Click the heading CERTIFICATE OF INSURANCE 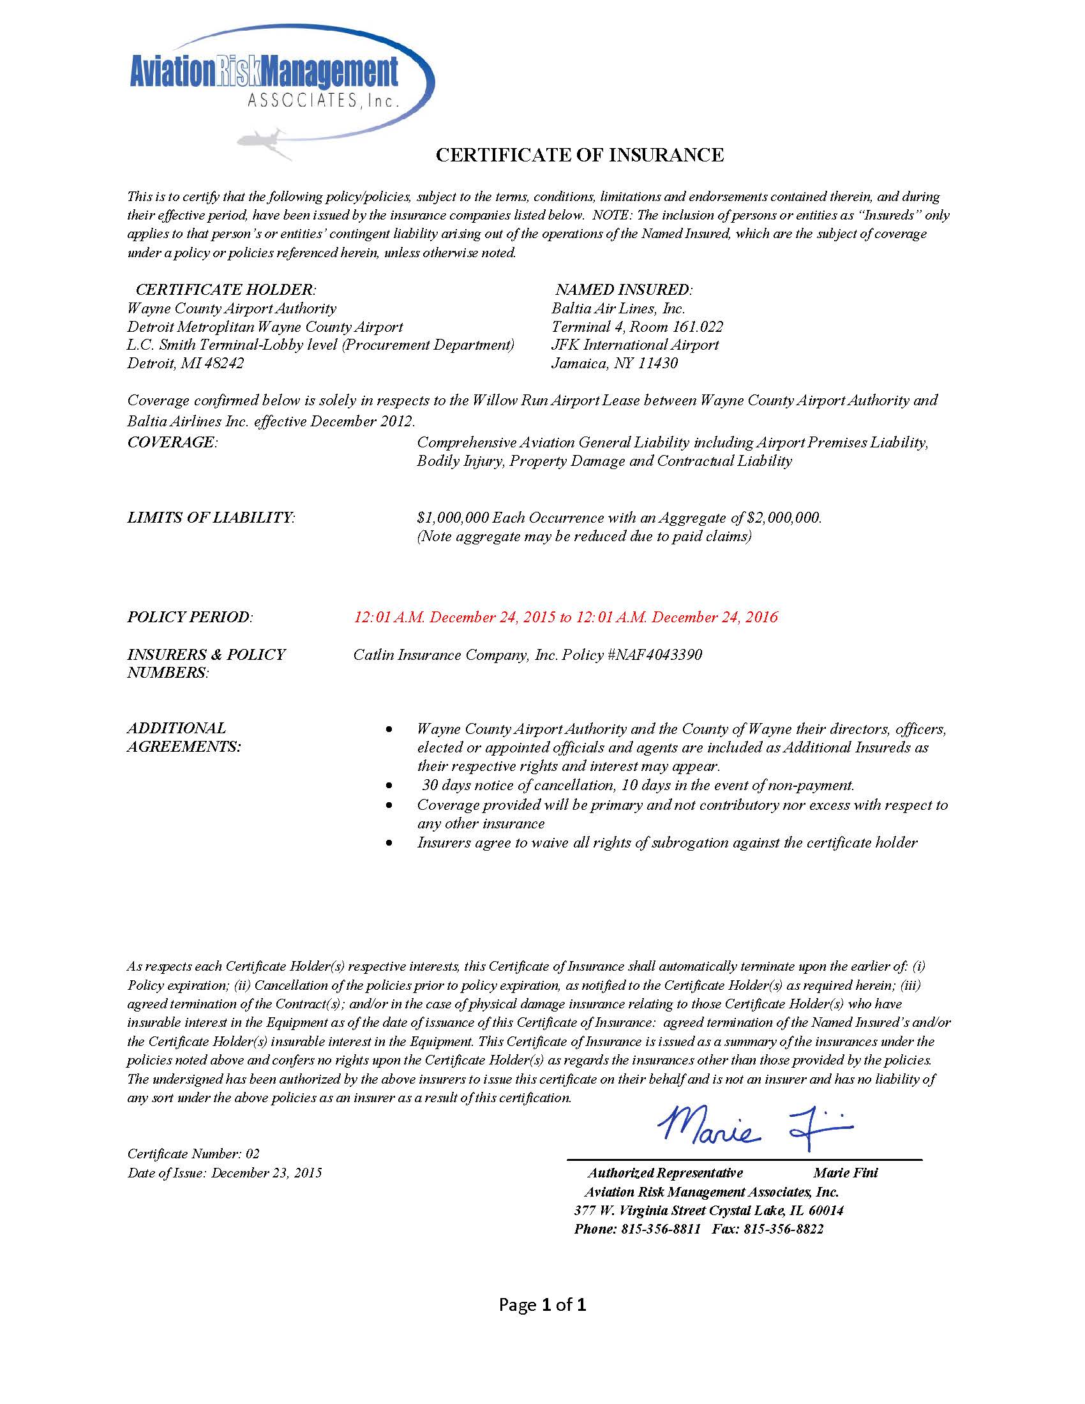(579, 155)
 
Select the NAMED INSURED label (624, 289)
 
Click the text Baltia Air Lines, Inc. (618, 309)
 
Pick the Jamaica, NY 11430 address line (615, 363)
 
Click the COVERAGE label (172, 442)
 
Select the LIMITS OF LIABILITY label (211, 518)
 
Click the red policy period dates (565, 617)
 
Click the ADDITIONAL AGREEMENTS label (184, 737)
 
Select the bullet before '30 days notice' (388, 786)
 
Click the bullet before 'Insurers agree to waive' (388, 843)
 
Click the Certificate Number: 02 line (193, 1154)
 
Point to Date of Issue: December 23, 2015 (224, 1173)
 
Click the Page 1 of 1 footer (542, 1305)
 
